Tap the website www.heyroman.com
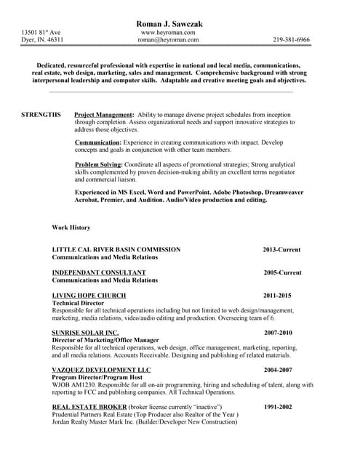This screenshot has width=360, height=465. (168, 33)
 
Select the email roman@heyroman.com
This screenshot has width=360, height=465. (168, 41)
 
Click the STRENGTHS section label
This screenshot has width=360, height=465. (41, 116)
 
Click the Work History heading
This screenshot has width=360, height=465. (71, 227)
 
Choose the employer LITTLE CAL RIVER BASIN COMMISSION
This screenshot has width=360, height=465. (116, 249)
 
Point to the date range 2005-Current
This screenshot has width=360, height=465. (282, 272)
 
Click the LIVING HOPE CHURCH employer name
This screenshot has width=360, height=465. (89, 296)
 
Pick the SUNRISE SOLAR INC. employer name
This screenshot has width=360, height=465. (85, 333)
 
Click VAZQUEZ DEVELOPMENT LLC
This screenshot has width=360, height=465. (101, 370)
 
